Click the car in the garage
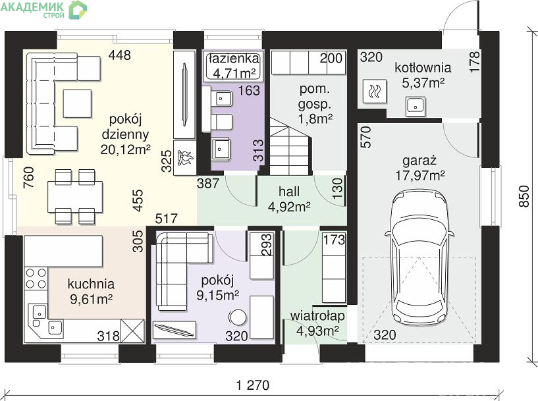(x=419, y=257)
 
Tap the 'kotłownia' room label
(x=423, y=67)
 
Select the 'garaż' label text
(x=419, y=161)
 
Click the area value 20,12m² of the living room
(x=126, y=149)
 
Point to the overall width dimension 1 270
(x=253, y=385)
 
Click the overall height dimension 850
(x=524, y=196)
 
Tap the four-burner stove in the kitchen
(x=36, y=278)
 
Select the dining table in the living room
(x=75, y=198)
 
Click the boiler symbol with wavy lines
(x=374, y=92)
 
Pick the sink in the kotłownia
(x=416, y=106)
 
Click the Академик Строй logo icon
(x=78, y=10)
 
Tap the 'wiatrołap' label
(x=317, y=315)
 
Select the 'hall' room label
(x=289, y=192)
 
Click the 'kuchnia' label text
(x=91, y=284)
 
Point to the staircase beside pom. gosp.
(x=290, y=146)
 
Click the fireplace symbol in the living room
(x=184, y=158)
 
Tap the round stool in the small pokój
(x=238, y=317)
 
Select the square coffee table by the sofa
(x=77, y=103)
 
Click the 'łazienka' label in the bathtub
(x=234, y=59)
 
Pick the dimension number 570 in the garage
(x=366, y=137)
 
